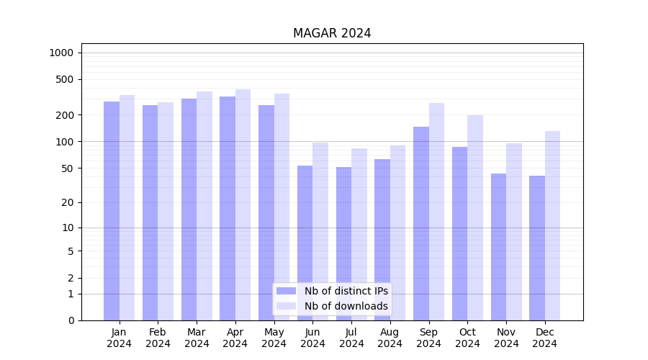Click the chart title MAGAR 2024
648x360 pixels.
click(x=332, y=33)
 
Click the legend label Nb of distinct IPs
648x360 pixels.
click(x=346, y=291)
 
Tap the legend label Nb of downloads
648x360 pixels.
click(x=346, y=306)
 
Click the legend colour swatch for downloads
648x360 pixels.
click(x=287, y=306)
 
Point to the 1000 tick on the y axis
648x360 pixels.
click(x=62, y=53)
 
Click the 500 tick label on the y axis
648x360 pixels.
click(x=66, y=79)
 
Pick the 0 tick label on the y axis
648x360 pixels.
click(x=71, y=320)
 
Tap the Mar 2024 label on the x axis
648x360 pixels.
click(x=197, y=338)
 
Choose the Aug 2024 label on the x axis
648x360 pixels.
click(x=390, y=338)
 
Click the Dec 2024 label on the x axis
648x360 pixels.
click(x=544, y=338)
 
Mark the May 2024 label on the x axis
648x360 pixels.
click(x=274, y=338)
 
